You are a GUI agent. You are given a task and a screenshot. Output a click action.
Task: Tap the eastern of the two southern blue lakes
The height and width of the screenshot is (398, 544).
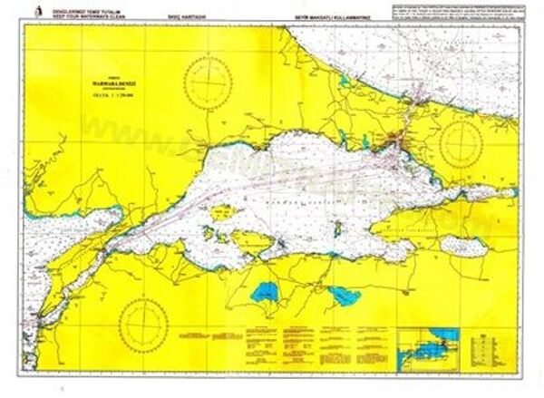click(x=344, y=295)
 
